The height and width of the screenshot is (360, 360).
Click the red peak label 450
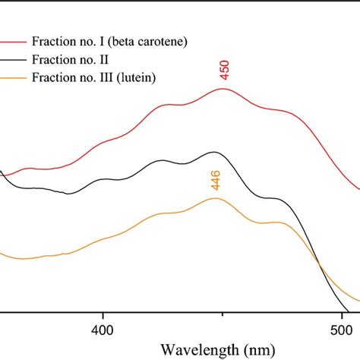224,70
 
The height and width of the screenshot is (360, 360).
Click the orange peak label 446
216,180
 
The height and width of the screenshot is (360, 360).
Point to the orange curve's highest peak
216,198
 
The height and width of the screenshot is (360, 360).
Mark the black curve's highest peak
213,153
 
